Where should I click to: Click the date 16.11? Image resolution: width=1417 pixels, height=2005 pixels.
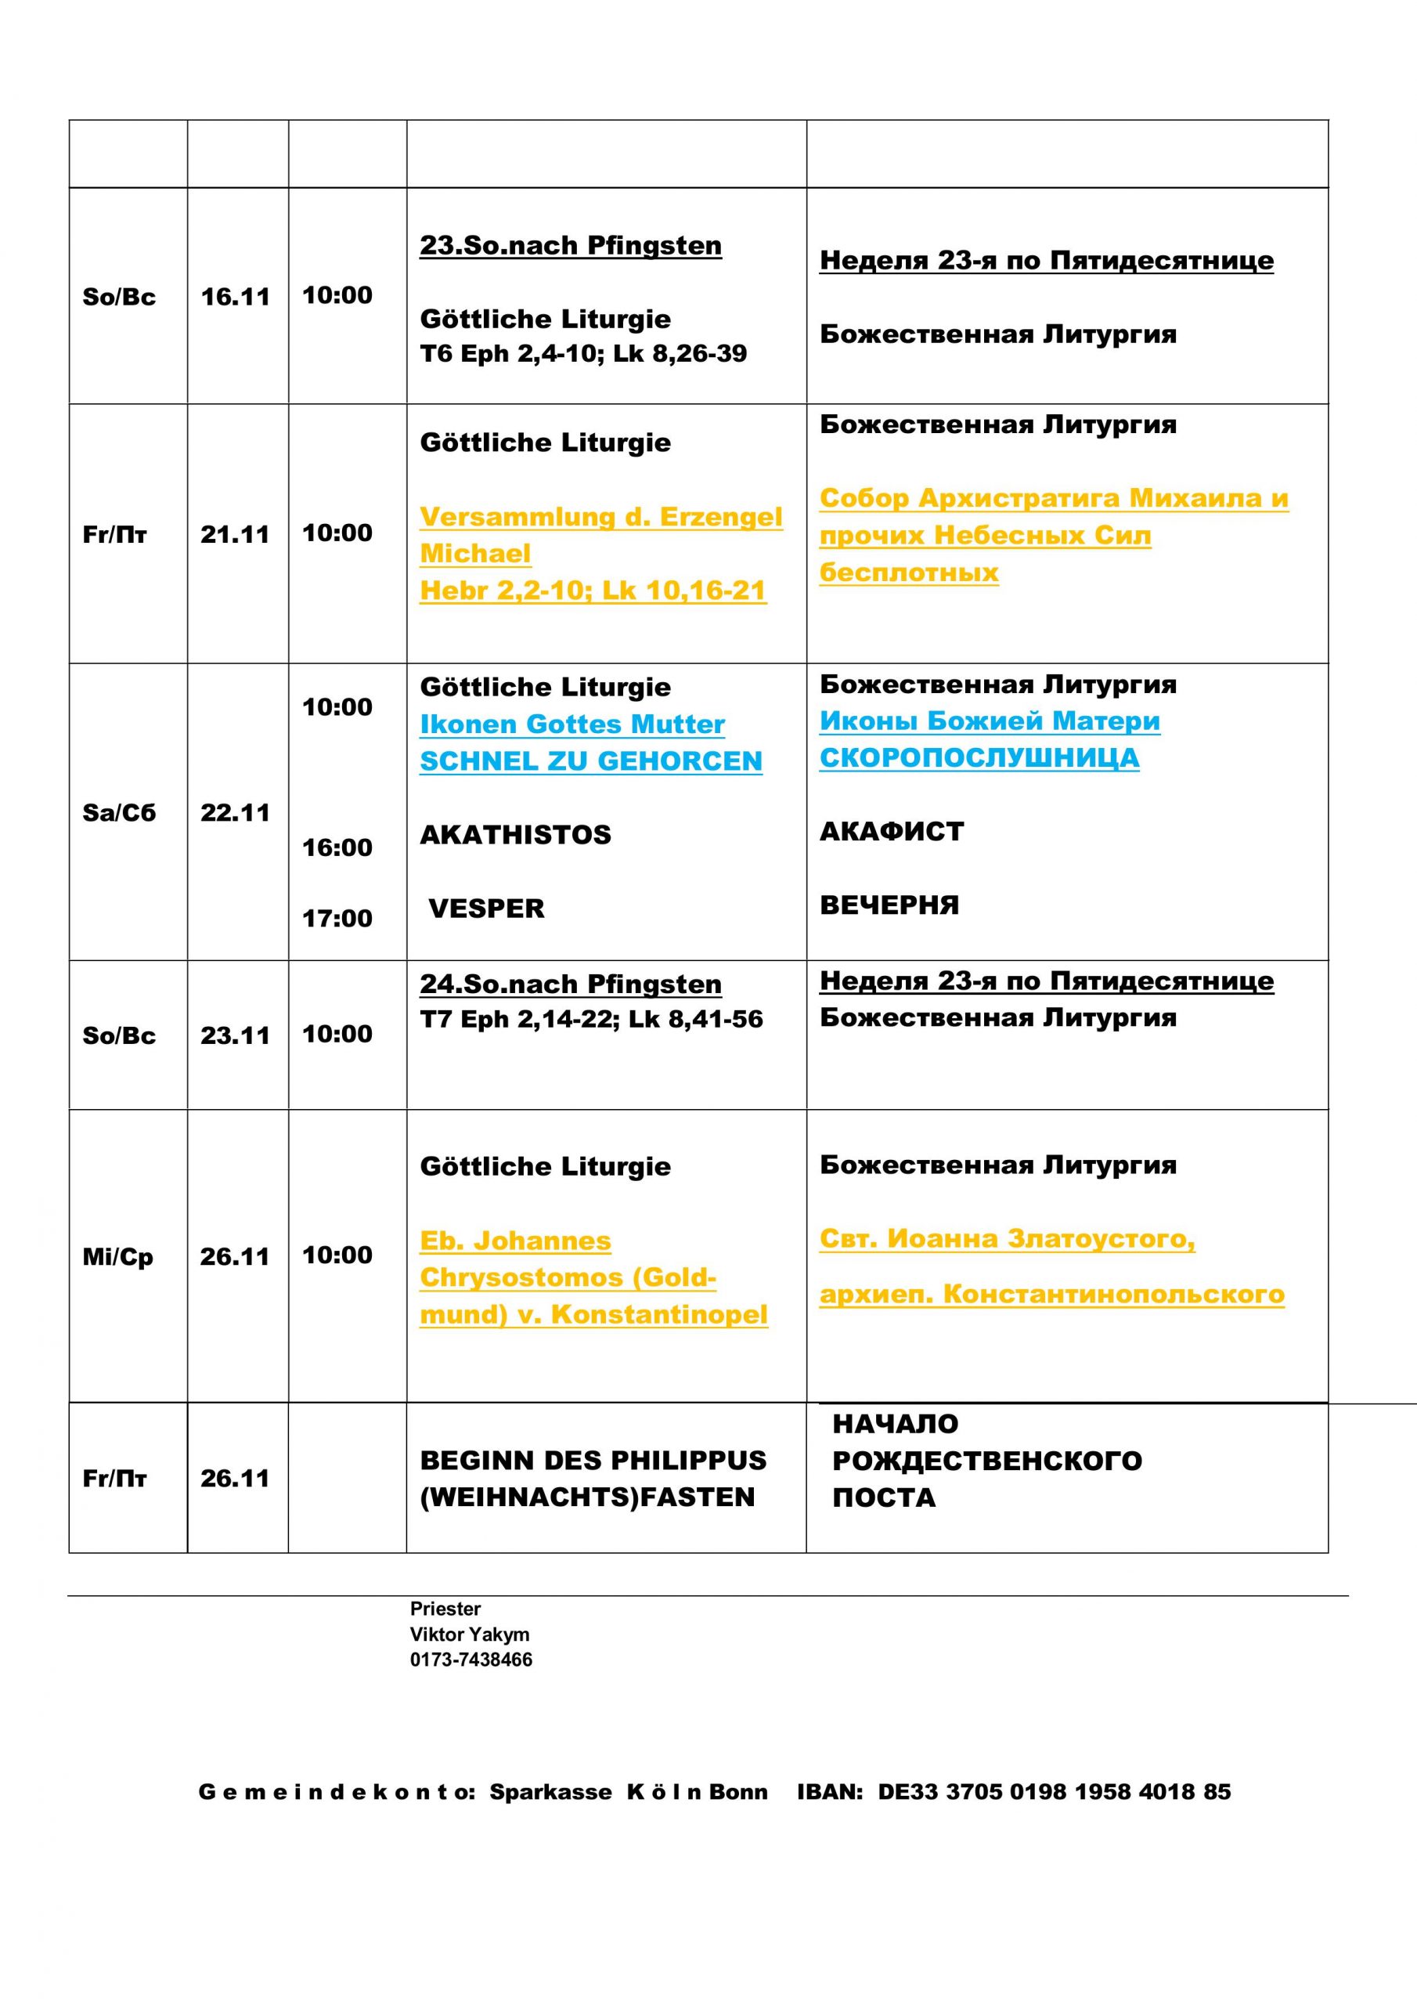pos(236,297)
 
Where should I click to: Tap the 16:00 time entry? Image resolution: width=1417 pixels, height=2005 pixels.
pos(337,847)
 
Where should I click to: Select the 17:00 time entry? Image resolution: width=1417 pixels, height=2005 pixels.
pos(337,918)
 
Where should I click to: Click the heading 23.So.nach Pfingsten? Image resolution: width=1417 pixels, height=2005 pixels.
pos(570,245)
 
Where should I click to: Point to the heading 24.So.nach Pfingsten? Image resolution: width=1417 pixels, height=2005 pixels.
pos(570,984)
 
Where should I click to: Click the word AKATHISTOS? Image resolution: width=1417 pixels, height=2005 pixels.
pos(515,835)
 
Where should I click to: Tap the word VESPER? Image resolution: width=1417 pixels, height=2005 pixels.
pos(486,909)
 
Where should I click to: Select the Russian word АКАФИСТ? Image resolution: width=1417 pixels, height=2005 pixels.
pos(892,831)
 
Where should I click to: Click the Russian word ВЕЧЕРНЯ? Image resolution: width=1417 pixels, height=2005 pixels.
pos(889,905)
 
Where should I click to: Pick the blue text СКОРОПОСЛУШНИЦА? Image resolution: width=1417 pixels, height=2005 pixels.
pos(979,757)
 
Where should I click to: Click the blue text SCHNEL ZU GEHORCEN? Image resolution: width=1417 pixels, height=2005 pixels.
pos(590,761)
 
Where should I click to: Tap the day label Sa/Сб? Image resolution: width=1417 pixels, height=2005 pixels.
pos(119,813)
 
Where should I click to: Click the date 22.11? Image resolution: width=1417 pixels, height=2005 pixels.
pos(236,813)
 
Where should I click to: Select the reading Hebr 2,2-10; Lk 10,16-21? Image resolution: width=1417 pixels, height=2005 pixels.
pos(593,591)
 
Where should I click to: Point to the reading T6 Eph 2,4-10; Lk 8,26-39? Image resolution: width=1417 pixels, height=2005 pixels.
pos(583,354)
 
